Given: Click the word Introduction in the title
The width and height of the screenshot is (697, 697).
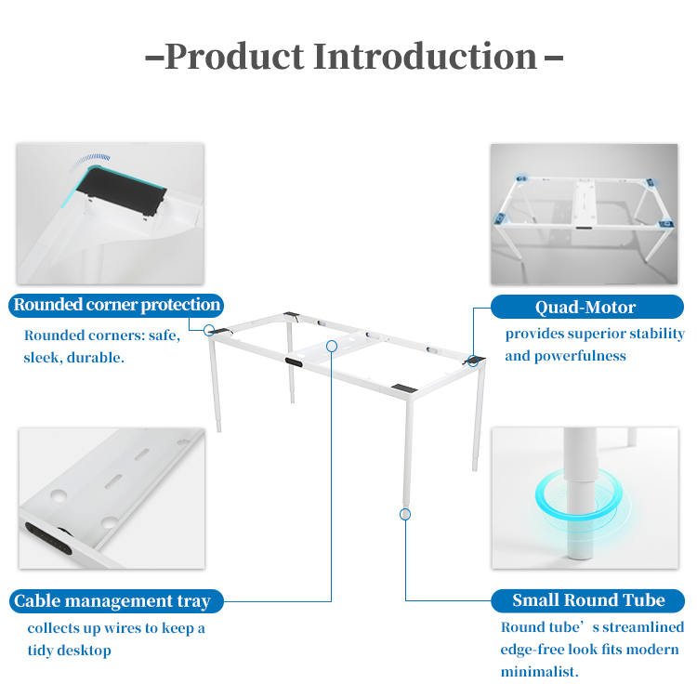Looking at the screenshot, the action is click(x=426, y=57).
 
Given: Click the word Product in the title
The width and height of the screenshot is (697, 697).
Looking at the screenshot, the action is click(x=234, y=57).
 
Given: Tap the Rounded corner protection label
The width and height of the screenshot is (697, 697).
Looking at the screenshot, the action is click(x=116, y=306).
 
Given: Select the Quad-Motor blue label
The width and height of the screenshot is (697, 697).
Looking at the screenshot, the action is click(x=586, y=307).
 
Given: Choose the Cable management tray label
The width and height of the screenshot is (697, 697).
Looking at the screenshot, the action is click(x=116, y=601).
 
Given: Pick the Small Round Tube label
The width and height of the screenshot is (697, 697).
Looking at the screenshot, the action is click(x=587, y=600).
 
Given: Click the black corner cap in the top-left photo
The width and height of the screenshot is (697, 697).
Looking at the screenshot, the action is click(x=122, y=191).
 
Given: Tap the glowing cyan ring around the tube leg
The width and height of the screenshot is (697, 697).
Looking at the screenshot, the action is click(x=578, y=494).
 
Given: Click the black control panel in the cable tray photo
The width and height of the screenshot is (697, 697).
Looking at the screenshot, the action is click(x=48, y=538).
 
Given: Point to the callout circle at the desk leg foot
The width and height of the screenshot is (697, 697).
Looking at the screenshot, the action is click(x=405, y=515).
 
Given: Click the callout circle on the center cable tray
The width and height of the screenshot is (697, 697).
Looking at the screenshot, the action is click(x=332, y=346).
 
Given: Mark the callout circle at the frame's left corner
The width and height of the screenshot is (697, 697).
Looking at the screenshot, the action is click(x=209, y=330).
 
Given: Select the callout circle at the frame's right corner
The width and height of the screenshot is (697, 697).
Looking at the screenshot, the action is click(x=473, y=361).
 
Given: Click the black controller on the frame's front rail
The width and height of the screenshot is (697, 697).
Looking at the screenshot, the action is click(x=294, y=362).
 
